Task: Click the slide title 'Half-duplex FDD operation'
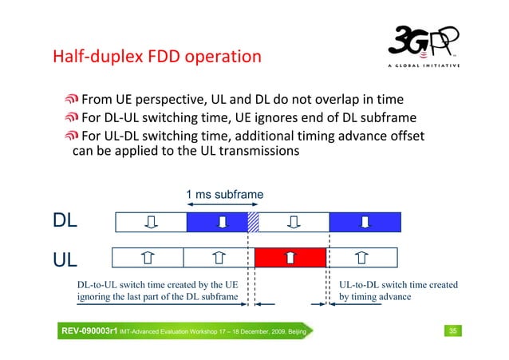coord(156,57)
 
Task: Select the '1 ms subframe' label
coord(224,195)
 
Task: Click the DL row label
coord(65,221)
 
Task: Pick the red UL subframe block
coord(290,256)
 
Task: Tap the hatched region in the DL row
coord(253,221)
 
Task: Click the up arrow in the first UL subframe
coord(148,256)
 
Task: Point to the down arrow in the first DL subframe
coord(151,221)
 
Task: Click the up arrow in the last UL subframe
coord(361,256)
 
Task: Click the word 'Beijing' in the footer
coord(294,330)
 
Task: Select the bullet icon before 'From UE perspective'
coord(72,100)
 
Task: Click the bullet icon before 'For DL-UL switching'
coord(72,118)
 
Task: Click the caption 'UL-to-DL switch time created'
coord(398,284)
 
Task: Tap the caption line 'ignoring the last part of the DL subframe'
coord(157,298)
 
